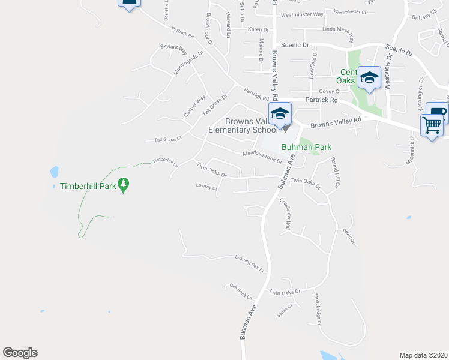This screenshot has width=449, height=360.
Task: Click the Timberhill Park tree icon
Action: (124, 185)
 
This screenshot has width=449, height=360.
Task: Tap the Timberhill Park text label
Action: (88, 186)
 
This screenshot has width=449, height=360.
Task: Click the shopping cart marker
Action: (432, 125)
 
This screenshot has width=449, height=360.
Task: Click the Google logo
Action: (20, 353)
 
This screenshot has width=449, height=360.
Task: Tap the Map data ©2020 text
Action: (423, 355)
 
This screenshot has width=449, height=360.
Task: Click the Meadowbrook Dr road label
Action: (262, 156)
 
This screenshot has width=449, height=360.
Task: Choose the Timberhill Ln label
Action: (165, 161)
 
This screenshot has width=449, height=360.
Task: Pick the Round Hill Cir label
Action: (334, 172)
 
